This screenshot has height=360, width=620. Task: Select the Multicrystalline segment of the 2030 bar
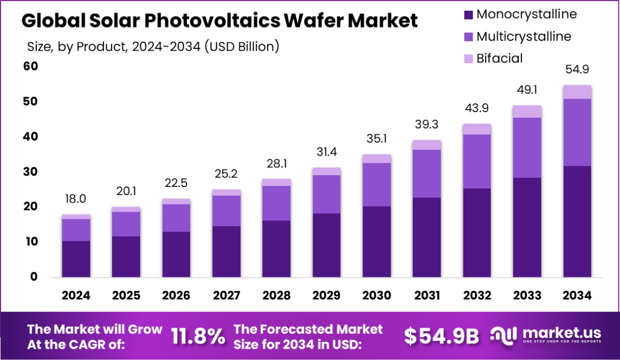(x=377, y=184)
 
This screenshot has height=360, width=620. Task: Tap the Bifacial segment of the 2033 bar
(x=527, y=112)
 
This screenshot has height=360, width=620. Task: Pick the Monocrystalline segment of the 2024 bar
(x=76, y=259)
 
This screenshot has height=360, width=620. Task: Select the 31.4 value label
(x=327, y=152)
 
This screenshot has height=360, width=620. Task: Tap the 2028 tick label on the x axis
(x=276, y=295)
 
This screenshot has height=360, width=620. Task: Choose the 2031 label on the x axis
(x=427, y=295)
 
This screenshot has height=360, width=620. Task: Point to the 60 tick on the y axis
(x=30, y=66)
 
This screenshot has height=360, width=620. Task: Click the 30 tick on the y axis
(x=30, y=171)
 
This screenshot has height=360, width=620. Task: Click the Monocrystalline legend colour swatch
(x=469, y=14)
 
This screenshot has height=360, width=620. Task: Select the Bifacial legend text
(x=499, y=58)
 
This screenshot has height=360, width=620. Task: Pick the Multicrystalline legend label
(x=523, y=37)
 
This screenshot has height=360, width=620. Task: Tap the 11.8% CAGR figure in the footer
(x=198, y=336)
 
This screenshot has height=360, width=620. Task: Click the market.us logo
(x=548, y=335)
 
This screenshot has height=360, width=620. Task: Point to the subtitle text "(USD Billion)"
(x=242, y=47)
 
